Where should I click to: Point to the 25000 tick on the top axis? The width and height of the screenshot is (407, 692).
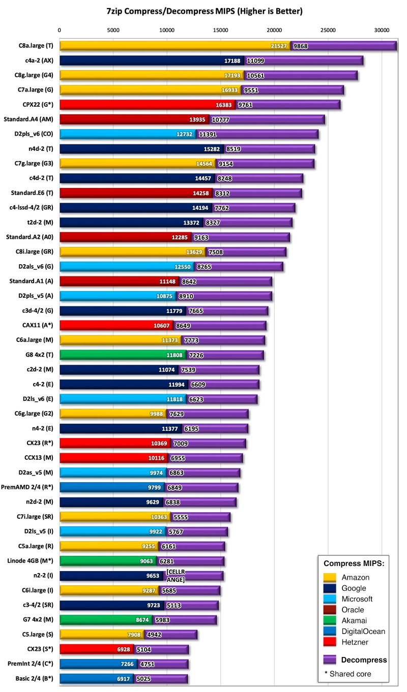click(328, 30)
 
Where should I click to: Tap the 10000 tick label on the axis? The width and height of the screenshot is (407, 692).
click(167, 30)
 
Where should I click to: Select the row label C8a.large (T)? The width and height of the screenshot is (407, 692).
click(36, 46)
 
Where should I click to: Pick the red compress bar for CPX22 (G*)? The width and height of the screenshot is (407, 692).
click(148, 105)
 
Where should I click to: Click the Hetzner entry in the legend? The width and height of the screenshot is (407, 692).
click(355, 642)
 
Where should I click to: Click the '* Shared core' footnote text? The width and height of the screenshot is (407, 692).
click(348, 674)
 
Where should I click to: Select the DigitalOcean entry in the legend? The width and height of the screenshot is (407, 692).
click(363, 632)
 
